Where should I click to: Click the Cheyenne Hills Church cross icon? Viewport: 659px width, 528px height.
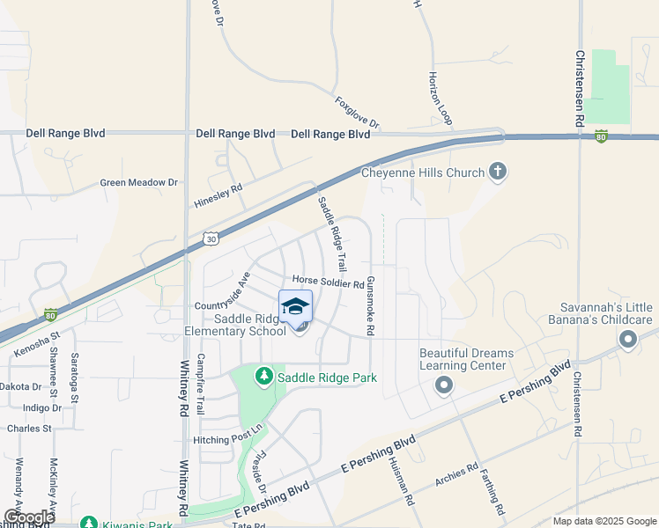tap(498, 171)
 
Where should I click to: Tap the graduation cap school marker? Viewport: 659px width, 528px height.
tap(296, 306)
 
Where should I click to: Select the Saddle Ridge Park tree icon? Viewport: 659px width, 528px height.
tap(263, 377)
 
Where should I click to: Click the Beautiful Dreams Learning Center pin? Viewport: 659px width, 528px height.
tap(444, 385)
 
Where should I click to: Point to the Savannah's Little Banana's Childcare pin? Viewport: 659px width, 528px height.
tap(628, 340)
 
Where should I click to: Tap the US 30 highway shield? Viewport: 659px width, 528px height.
tap(209, 238)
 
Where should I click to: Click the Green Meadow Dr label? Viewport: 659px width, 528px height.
tap(138, 182)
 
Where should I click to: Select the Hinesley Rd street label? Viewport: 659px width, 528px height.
tap(218, 196)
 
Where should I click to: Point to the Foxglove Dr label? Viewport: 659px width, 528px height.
tap(356, 113)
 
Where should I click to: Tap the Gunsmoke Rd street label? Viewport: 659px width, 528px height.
tap(371, 305)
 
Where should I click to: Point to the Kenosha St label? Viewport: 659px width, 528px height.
tap(36, 345)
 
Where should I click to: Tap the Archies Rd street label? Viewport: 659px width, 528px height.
tap(456, 474)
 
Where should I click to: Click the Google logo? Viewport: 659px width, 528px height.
tap(28, 517)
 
